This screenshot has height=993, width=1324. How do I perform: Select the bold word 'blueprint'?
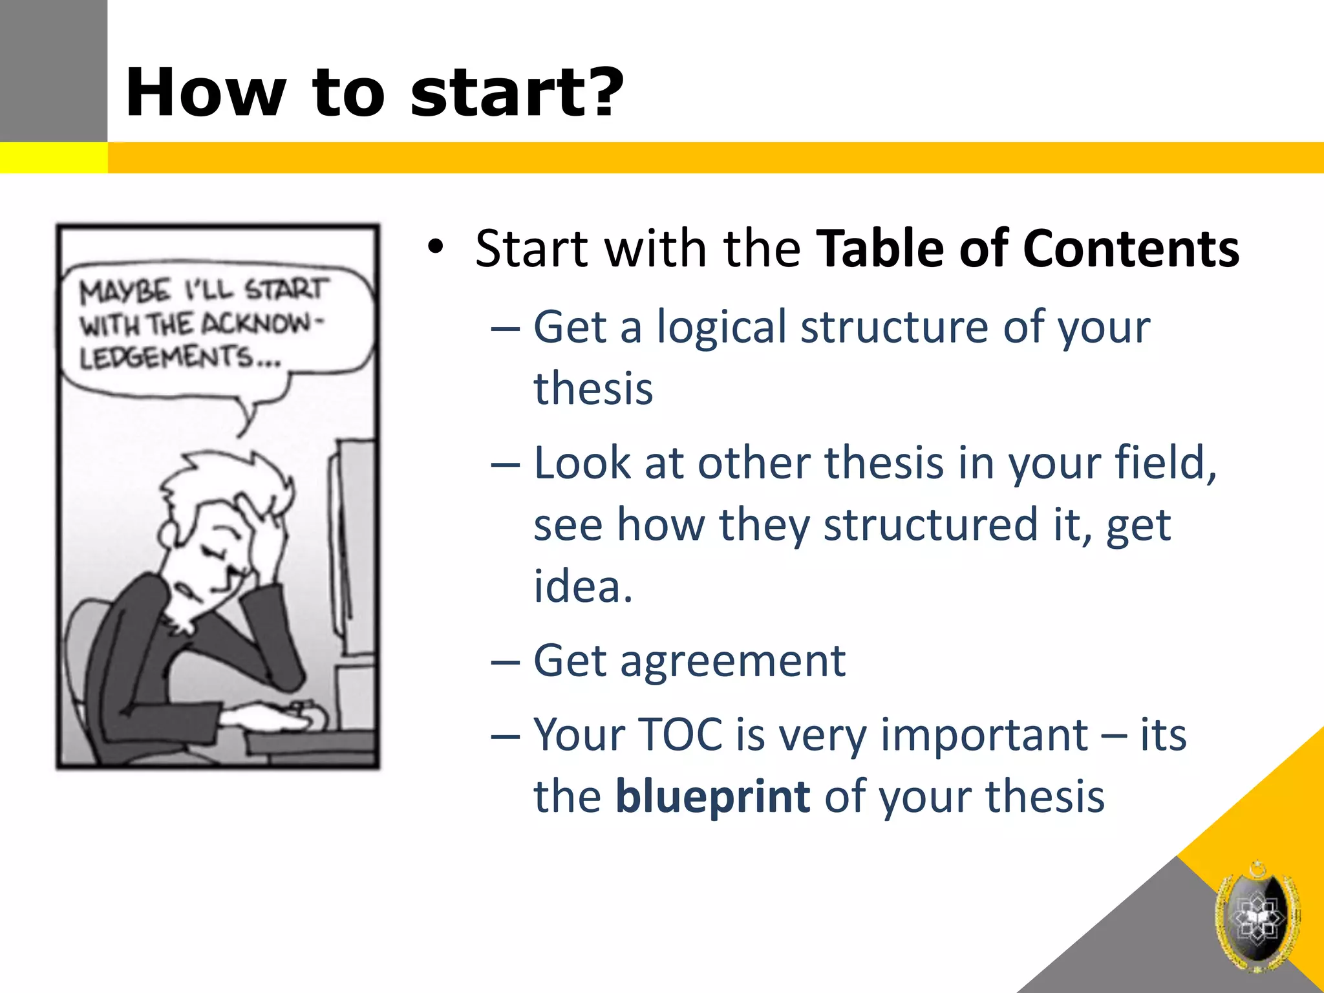[x=712, y=796]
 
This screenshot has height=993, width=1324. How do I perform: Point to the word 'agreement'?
[x=732, y=661]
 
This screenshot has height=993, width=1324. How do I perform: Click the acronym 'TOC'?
[x=681, y=735]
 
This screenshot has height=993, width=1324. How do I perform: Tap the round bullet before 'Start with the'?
[x=436, y=248]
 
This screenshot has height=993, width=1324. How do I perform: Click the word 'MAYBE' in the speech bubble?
[x=125, y=292]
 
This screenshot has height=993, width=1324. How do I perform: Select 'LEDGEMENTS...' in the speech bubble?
[x=180, y=358]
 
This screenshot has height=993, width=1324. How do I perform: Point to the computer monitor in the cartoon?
[x=352, y=543]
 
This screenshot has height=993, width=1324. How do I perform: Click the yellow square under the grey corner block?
[x=53, y=158]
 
